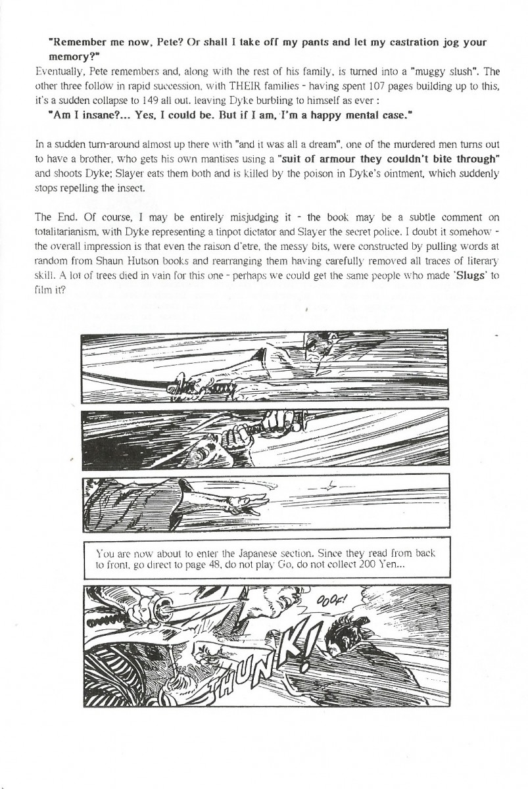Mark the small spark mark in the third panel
[x=333, y=487]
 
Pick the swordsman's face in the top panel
[x=322, y=350]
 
